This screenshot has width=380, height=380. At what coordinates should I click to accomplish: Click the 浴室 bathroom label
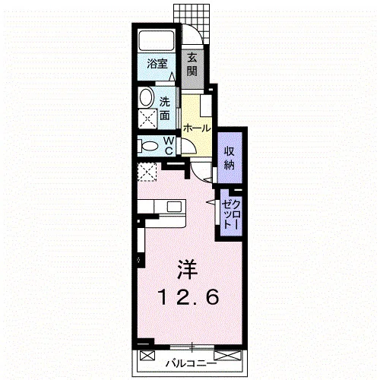click(x=157, y=64)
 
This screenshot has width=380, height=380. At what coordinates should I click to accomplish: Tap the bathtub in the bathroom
click(x=157, y=41)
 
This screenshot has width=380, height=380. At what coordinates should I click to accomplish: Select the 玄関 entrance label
click(x=192, y=65)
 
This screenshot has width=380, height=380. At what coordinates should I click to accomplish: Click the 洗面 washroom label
click(x=165, y=109)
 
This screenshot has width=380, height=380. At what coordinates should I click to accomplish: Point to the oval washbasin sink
click(x=147, y=97)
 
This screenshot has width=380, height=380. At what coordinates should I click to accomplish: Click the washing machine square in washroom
click(x=147, y=119)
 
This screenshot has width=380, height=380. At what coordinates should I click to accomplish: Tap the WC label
click(x=169, y=145)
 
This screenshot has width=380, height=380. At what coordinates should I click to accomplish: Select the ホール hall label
click(x=197, y=128)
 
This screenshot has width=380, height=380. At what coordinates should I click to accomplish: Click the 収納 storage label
click(x=229, y=158)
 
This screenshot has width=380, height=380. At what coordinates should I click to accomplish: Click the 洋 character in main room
click(x=187, y=270)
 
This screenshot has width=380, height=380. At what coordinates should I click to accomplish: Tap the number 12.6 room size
click(x=188, y=297)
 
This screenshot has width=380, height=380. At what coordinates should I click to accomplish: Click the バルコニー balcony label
click(x=192, y=364)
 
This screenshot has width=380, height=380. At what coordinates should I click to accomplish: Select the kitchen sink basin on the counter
click(x=174, y=207)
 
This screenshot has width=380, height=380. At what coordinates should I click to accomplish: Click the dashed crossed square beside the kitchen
click(x=147, y=172)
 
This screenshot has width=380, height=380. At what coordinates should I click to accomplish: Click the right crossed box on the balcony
click(x=227, y=355)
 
